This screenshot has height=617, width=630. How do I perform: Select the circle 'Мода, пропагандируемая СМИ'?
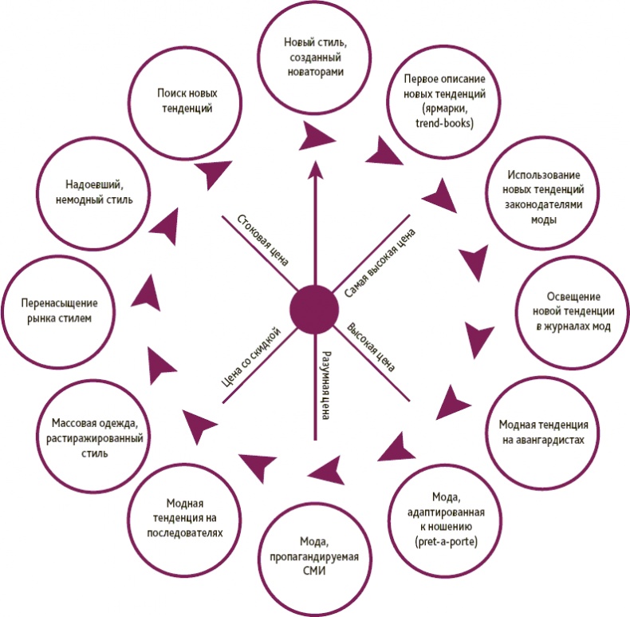pyautogui.click(x=314, y=552)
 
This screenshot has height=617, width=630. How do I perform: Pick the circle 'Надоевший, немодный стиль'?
pyautogui.click(x=89, y=192)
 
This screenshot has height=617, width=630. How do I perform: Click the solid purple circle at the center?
pyautogui.click(x=314, y=310)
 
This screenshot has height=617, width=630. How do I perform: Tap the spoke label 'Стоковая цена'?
pyautogui.click(x=262, y=239)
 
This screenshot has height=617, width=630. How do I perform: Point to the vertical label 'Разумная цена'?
pyautogui.click(x=325, y=383)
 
